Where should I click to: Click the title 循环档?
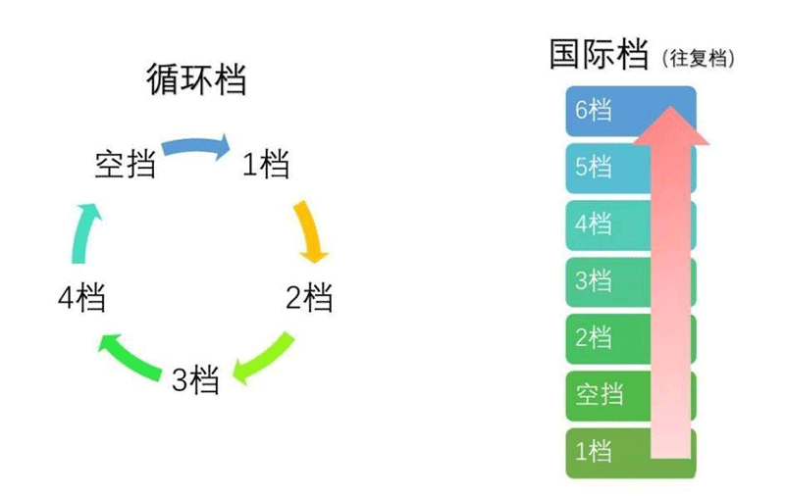[x=196, y=79]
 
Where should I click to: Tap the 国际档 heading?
[x=599, y=54]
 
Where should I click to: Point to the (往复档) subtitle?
[x=699, y=58]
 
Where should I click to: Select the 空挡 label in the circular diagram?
[x=125, y=164]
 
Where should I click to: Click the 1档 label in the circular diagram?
[x=265, y=164]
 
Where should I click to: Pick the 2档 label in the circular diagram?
[x=309, y=297]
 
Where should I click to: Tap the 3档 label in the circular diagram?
[x=195, y=379]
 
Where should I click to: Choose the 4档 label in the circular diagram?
[x=81, y=297]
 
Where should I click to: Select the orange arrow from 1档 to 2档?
[x=311, y=231]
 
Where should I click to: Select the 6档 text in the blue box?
[x=594, y=110]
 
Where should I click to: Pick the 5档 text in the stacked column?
[x=594, y=167]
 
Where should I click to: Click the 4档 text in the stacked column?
[x=594, y=223]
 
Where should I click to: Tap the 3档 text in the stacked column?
[x=594, y=280]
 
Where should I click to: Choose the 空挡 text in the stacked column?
[x=600, y=394]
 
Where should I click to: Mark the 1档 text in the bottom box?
[x=594, y=451]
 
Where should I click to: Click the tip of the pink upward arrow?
[x=671, y=106]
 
